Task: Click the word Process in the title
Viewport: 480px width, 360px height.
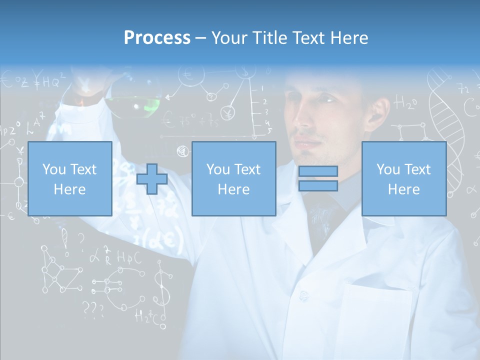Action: [x=157, y=38]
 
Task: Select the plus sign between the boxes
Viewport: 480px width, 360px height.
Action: [x=152, y=179]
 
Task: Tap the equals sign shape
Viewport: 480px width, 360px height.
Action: [x=318, y=178]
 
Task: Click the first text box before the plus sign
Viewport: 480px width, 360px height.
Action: [x=70, y=178]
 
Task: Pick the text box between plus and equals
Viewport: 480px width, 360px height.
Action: [x=233, y=178]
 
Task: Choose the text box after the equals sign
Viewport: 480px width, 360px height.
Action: [x=403, y=178]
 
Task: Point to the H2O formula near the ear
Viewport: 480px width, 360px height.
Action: [x=405, y=103]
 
